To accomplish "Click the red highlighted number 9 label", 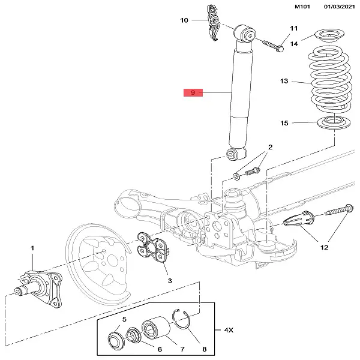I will [x=194, y=93].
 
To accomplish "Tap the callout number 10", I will [x=184, y=20].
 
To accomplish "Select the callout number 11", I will [x=294, y=29].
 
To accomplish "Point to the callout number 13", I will [x=284, y=81].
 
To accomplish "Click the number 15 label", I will [x=284, y=123].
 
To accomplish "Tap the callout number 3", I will [x=170, y=281].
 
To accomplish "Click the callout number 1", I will [x=33, y=248].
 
